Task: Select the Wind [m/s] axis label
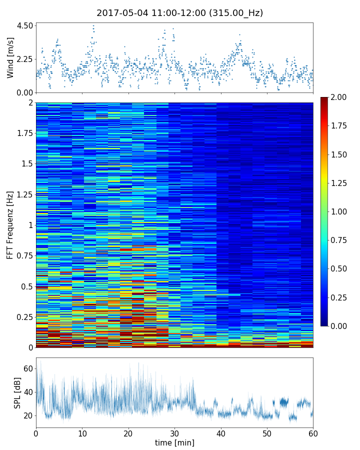click(10, 57)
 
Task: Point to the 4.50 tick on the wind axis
click(24, 25)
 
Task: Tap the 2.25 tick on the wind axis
click(24, 59)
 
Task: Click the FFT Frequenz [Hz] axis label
click(10, 225)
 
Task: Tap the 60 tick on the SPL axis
click(28, 368)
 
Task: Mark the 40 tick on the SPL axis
click(28, 392)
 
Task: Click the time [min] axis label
click(174, 442)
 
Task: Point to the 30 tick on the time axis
click(174, 432)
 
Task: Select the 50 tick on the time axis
click(267, 432)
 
